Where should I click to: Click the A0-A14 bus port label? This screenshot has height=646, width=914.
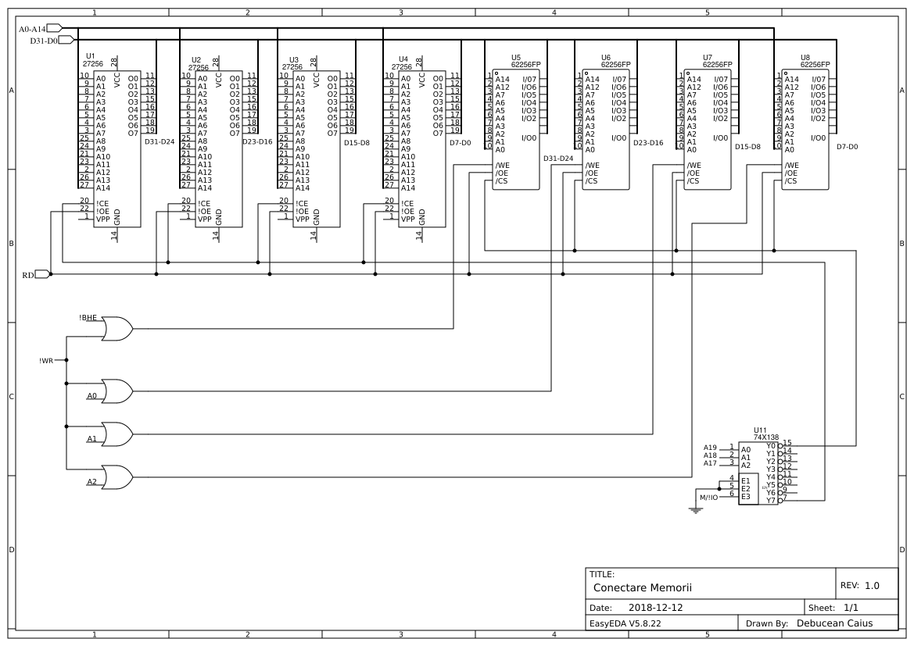coord(32,29)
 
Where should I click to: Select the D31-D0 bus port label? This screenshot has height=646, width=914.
coord(44,40)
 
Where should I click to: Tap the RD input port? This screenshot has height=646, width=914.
coord(28,274)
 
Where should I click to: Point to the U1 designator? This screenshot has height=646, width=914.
coord(89,55)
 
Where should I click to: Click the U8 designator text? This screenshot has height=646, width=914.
coord(805,57)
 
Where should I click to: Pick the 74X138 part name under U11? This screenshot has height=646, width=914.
coord(766,437)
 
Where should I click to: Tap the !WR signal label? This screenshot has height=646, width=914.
coord(45,361)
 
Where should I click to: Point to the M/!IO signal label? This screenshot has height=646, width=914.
coord(708,498)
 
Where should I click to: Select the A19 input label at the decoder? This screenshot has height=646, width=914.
coord(710,448)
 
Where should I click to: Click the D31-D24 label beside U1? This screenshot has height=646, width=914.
coord(160,141)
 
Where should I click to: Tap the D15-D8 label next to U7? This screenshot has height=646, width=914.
coord(747,146)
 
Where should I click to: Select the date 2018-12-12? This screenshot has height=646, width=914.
coord(655,607)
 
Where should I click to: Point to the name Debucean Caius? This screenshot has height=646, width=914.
coord(834,623)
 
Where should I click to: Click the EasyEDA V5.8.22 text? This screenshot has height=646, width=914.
coord(625,623)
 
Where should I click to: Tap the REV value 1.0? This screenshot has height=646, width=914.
coord(872,585)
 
